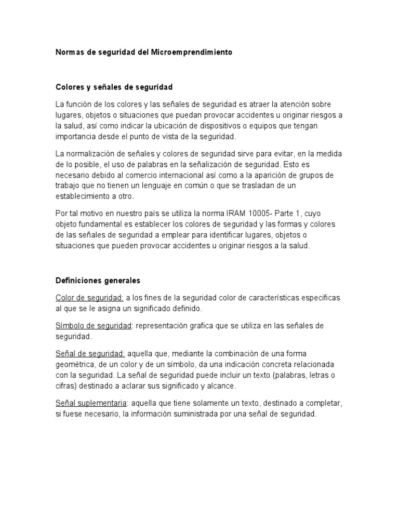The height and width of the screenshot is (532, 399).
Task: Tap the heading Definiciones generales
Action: (98, 281)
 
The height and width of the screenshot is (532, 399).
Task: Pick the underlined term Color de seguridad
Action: (89, 298)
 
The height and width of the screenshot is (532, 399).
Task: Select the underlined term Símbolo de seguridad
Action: (93, 326)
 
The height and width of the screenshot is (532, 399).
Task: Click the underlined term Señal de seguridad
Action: (90, 353)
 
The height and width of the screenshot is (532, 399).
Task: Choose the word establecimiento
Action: (86, 196)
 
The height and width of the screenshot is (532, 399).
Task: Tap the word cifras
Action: (65, 386)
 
